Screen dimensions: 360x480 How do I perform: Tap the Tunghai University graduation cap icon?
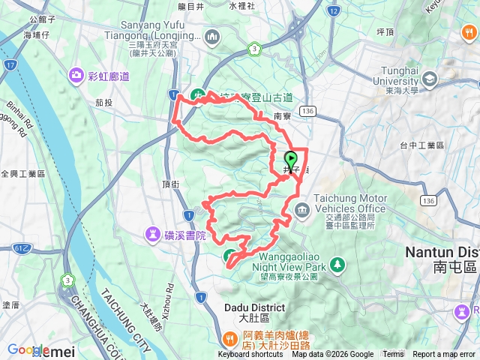click(x=429, y=78)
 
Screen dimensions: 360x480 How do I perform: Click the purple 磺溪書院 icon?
click(x=153, y=235)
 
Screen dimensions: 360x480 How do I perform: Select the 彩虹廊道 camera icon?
click(x=76, y=75)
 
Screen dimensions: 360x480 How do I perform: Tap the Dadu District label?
click(x=254, y=307)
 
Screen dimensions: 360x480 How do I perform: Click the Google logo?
click(x=28, y=350)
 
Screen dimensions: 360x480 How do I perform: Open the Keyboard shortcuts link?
click(x=250, y=355)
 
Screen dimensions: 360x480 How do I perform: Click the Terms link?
click(x=393, y=355)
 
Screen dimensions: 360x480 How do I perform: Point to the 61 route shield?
click(x=26, y=247)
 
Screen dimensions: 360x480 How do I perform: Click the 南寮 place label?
click(x=283, y=116)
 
